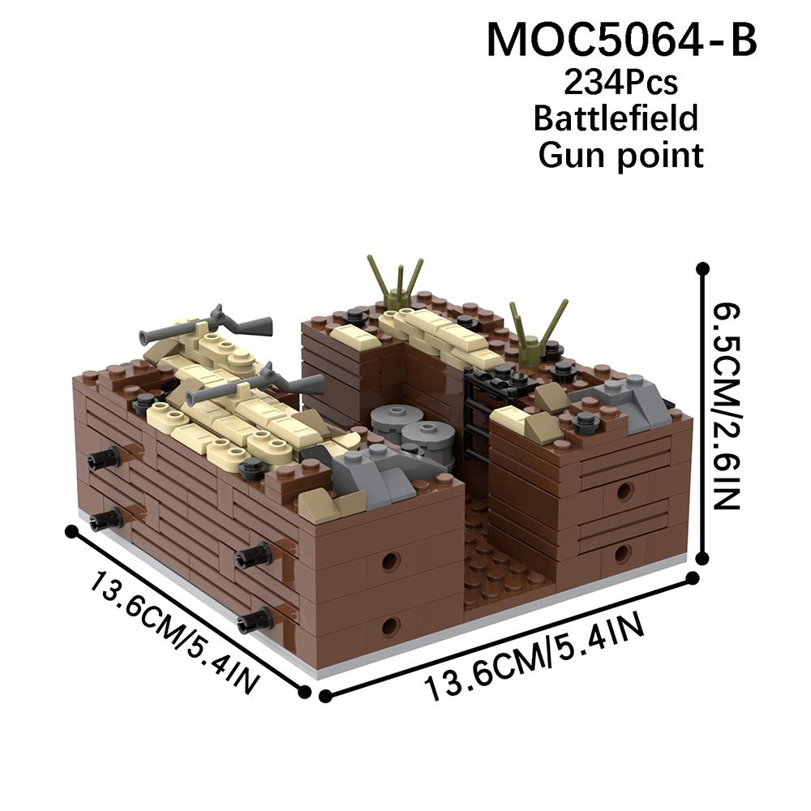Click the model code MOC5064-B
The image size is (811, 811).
(x=621, y=40)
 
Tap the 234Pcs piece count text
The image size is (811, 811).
(x=620, y=83)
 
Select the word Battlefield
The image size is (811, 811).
(x=616, y=118)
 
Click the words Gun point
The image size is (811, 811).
(x=620, y=155)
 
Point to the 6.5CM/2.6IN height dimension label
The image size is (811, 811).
(x=727, y=406)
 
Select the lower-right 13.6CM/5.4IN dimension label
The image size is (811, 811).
(x=534, y=656)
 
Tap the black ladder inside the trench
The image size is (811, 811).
(x=478, y=414)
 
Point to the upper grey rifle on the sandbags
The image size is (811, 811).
(x=206, y=324)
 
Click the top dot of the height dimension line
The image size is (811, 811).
(x=702, y=268)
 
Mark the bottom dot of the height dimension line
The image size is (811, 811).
(x=702, y=558)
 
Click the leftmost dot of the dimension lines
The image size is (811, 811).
(x=72, y=531)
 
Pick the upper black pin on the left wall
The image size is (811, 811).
(x=104, y=456)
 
